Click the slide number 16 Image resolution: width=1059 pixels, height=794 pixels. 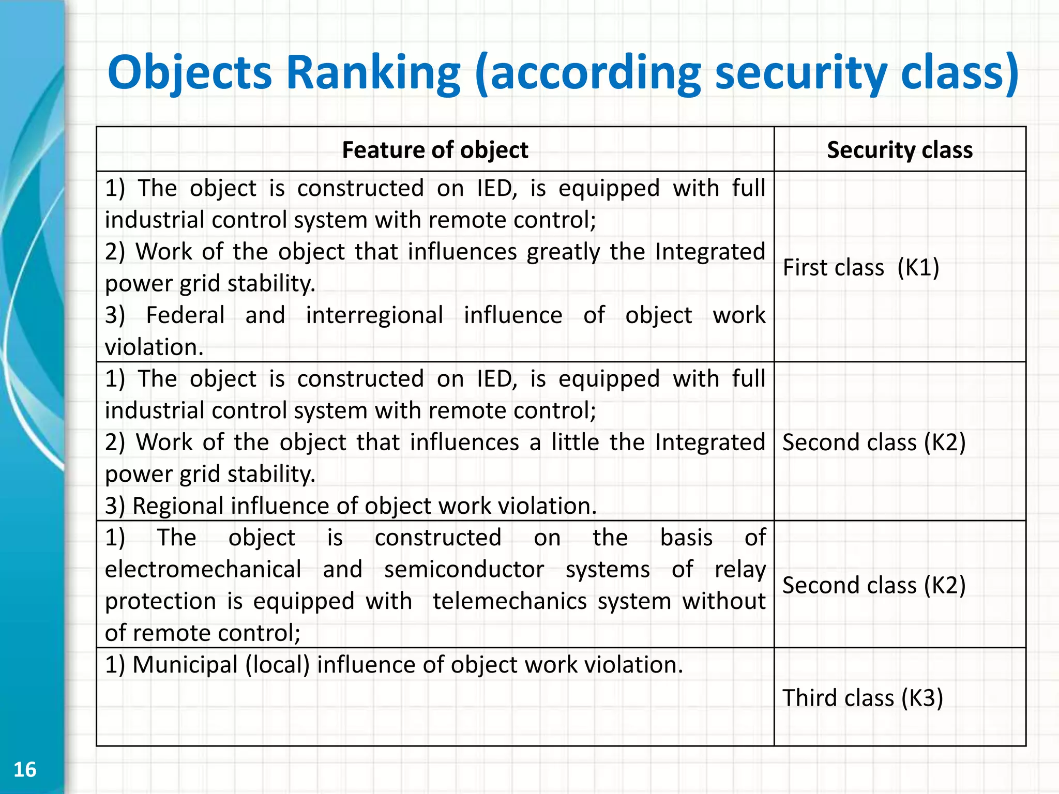(25, 769)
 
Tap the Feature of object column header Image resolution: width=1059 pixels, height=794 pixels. (435, 150)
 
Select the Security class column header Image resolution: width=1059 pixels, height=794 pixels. (900, 150)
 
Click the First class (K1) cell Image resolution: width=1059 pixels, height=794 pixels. (861, 267)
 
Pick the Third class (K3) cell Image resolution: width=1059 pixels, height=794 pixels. (863, 698)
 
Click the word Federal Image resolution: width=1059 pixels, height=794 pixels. (185, 315)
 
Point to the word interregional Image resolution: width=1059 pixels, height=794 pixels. (374, 315)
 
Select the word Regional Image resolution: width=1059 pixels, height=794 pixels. (178, 506)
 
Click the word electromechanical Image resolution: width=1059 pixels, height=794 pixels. (203, 570)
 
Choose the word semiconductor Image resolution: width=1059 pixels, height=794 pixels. (464, 570)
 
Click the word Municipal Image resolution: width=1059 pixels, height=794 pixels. (185, 665)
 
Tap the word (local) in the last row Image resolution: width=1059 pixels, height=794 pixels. (277, 665)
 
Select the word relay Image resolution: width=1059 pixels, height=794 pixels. (739, 570)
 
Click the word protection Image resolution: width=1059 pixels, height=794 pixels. (160, 601)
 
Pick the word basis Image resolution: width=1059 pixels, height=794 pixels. (686, 538)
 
